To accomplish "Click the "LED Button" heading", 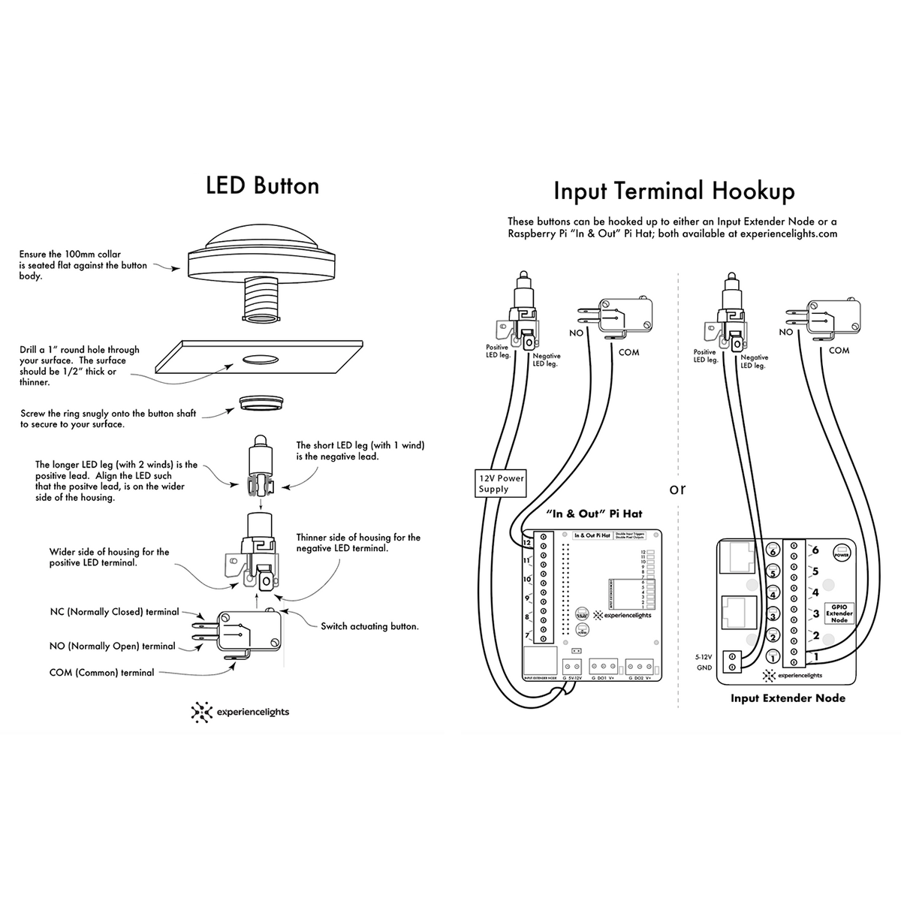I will [x=262, y=185].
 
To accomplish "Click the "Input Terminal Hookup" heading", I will [x=673, y=191].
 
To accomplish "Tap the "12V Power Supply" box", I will [x=502, y=484].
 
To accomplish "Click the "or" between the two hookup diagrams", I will [x=677, y=489].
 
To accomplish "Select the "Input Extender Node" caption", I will [x=788, y=698].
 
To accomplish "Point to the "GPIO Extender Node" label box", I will [x=839, y=613].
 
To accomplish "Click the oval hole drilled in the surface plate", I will [x=259, y=360].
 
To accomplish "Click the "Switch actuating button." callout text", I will [x=369, y=626].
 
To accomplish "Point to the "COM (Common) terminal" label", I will [x=101, y=673].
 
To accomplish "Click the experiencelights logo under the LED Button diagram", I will [x=240, y=712].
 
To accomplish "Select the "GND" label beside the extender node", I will [x=704, y=667].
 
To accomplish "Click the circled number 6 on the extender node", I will [x=772, y=551].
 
